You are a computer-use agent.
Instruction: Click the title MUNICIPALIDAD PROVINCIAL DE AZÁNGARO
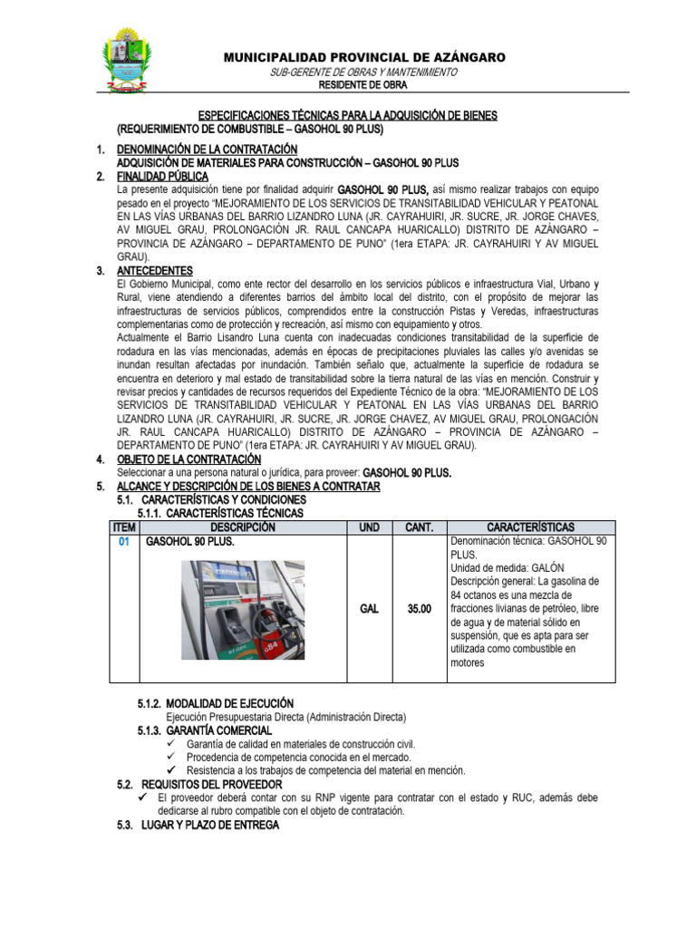pos(365,57)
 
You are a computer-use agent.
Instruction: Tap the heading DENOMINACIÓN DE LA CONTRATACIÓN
pos(208,149)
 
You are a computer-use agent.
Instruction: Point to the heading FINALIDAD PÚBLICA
pos(163,176)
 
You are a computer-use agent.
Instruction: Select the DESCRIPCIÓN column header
pos(242,527)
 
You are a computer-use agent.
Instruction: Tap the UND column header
pos(369,527)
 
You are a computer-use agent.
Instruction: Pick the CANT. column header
pos(420,527)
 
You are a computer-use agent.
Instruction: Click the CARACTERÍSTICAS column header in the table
pos(530,527)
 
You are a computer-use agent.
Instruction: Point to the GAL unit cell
pos(369,608)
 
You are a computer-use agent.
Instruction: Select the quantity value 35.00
pos(420,608)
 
